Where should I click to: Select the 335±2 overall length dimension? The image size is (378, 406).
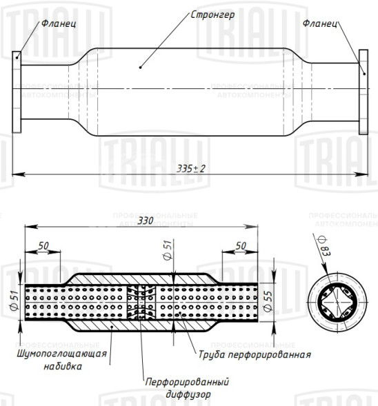click(191, 168)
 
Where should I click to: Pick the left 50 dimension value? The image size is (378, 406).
click(44, 245)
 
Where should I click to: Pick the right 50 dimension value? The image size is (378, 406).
click(241, 245)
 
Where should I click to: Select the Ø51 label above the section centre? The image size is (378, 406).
click(166, 250)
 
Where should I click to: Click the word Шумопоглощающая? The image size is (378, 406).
click(61, 354)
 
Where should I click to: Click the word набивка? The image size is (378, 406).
click(61, 367)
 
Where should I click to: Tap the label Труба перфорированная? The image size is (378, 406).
click(254, 354)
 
